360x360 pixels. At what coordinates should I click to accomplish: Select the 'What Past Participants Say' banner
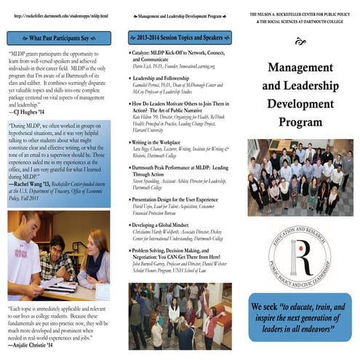(60, 37)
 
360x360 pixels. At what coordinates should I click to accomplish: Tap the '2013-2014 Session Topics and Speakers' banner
(180, 37)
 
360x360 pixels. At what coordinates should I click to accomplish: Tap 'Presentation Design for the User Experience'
(181, 199)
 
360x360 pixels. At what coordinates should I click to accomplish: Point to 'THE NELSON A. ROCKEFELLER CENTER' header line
(300, 14)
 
